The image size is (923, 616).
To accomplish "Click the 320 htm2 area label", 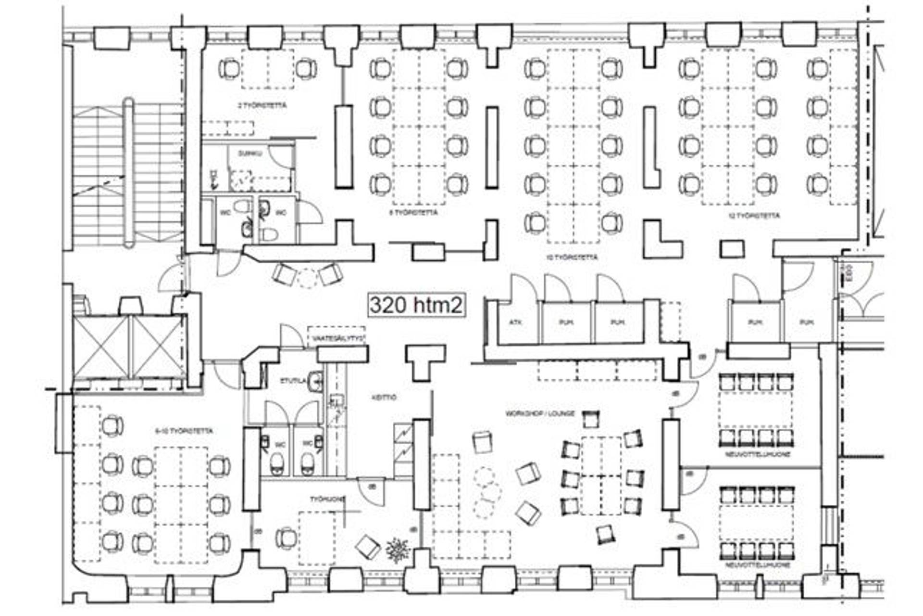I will pyautogui.click(x=416, y=305).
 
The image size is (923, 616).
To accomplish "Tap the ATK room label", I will pyautogui.click(x=515, y=322).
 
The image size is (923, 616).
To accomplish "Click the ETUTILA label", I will pyautogui.click(x=293, y=381).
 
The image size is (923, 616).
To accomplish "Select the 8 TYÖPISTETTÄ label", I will pyautogui.click(x=413, y=212).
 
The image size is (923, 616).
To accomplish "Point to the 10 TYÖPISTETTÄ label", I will pyautogui.click(x=572, y=257).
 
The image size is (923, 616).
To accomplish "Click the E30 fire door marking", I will pyautogui.click(x=848, y=270).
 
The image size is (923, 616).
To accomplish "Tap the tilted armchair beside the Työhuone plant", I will pyautogui.click(x=368, y=547).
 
